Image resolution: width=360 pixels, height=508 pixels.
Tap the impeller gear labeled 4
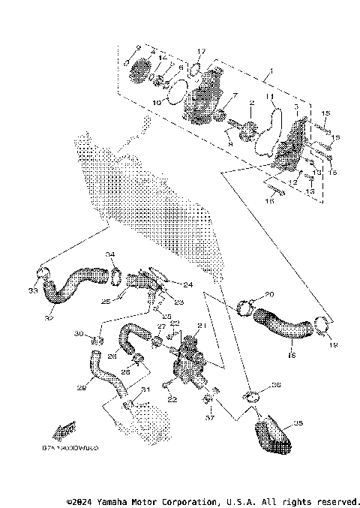(x=139, y=73)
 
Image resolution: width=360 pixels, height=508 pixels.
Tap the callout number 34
(x=109, y=254)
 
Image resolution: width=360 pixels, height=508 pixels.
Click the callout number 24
(x=187, y=285)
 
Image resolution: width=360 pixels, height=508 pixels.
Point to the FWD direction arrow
(x=63, y=430)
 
